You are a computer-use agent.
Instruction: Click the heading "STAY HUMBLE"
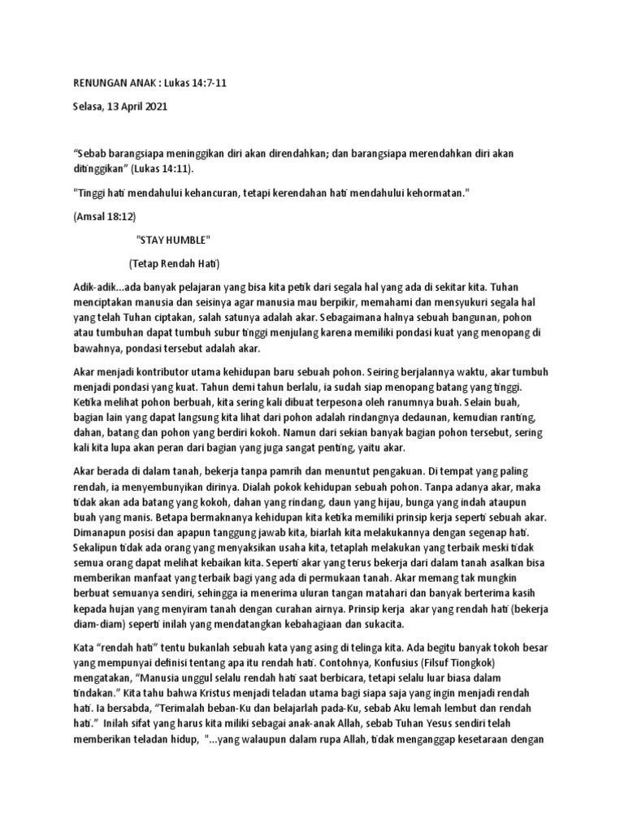(173, 241)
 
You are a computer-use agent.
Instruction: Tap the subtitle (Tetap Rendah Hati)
(174, 265)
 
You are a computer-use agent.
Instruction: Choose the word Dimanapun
(105, 535)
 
